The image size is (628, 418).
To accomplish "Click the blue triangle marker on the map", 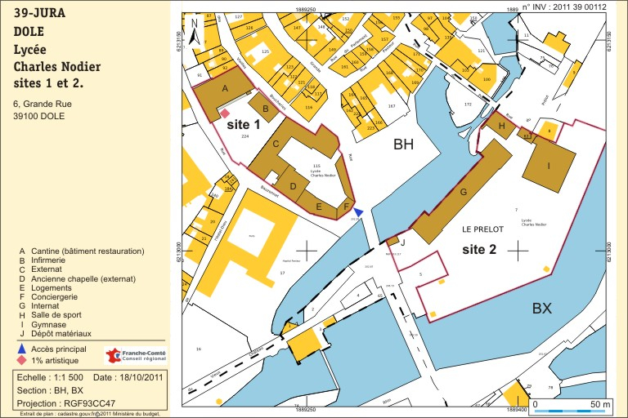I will (x=358, y=212).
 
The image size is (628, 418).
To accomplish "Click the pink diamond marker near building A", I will (x=225, y=113).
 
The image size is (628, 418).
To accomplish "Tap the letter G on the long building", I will (x=464, y=192).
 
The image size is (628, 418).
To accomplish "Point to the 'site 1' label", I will (x=243, y=125).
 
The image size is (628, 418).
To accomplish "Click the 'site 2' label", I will (x=479, y=249).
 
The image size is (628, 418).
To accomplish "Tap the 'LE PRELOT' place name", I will (x=482, y=229).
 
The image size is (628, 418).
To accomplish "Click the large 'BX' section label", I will (x=542, y=308).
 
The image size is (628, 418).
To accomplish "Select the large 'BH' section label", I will (x=404, y=145).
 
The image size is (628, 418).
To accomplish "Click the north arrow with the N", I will (x=195, y=34).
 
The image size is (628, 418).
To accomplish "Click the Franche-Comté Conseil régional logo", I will (x=135, y=355).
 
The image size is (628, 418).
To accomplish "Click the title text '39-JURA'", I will (x=40, y=13).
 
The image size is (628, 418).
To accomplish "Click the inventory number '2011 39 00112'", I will (x=581, y=7).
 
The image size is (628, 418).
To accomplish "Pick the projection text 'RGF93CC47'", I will (x=92, y=402).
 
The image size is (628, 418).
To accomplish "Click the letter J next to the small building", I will (x=402, y=242).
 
